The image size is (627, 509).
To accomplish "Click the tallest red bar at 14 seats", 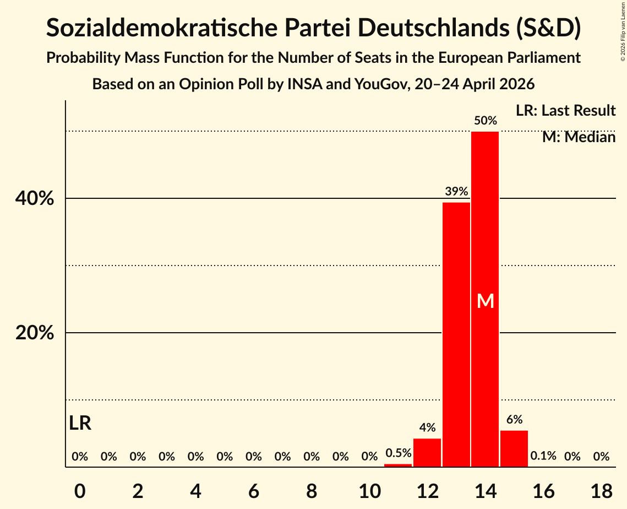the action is pos(485,299).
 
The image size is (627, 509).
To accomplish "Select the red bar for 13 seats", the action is pos(456,334).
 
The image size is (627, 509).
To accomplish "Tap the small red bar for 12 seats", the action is pos(427,453).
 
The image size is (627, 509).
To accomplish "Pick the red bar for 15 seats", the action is pos(514,448).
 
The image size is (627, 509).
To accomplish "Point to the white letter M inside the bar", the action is pos(486,301).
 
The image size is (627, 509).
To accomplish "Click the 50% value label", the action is pos(486,121).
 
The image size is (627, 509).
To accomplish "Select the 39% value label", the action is pos(457,191).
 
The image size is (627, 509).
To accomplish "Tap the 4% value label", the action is pos(428,428).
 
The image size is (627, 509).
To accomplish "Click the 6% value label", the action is pos(514,419).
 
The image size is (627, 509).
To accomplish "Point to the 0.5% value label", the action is pos(398,453).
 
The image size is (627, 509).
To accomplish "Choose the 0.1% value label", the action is pos(543,456).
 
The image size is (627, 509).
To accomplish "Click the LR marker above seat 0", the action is pos(80,423).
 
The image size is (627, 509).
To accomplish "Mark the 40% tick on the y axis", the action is pos(35,198).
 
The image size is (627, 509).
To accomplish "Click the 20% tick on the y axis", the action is pos(35,333).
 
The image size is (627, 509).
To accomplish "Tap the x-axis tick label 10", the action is pos(370,491).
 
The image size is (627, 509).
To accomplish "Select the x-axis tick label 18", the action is pos(602,491).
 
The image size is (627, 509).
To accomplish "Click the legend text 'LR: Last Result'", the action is pos(566,110).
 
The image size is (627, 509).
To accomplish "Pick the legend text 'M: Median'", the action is pos(579,137).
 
